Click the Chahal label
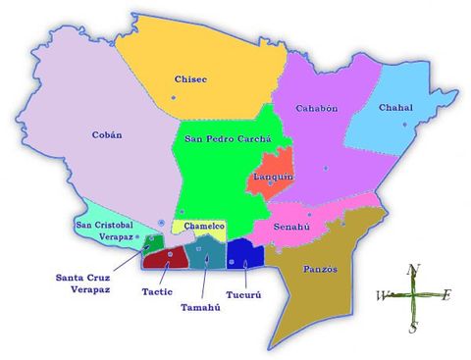(394, 108)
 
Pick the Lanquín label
(270, 177)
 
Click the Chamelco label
(205, 227)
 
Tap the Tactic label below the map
(157, 291)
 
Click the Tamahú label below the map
(200, 307)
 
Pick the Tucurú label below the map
(243, 291)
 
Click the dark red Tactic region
(163, 259)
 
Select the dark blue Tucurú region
(245, 254)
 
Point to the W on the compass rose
(382, 295)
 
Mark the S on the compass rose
(413, 328)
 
